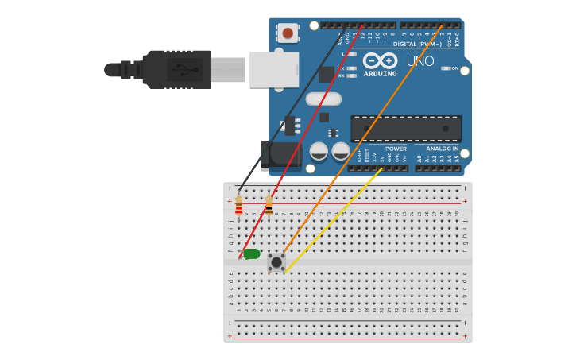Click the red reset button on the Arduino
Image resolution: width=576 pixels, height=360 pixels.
pyautogui.click(x=287, y=33)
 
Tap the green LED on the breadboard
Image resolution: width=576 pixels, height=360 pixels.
pyautogui.click(x=251, y=254)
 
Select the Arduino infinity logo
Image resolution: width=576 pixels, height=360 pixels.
pyautogui.click(x=380, y=60)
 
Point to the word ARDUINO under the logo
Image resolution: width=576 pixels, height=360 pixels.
pyautogui.click(x=380, y=74)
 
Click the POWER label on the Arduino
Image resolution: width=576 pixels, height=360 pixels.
pyautogui.click(x=396, y=149)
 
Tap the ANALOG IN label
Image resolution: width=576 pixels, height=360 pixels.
pyautogui.click(x=442, y=149)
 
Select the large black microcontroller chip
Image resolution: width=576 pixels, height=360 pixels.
pyautogui.click(x=406, y=129)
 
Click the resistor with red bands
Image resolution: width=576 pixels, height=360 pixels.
pyautogui.click(x=239, y=206)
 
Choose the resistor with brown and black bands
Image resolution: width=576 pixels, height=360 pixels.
pyautogui.click(x=269, y=206)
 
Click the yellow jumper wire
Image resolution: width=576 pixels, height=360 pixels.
pyautogui.click(x=334, y=219)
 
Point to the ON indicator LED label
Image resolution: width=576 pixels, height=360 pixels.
pyautogui.click(x=454, y=68)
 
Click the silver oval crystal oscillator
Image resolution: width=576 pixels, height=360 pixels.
pyautogui.click(x=323, y=99)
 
